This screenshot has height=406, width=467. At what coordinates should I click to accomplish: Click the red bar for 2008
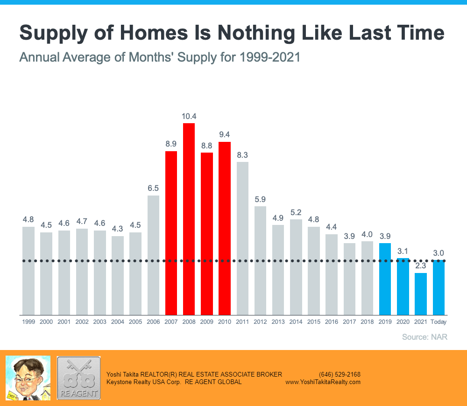tap(189, 219)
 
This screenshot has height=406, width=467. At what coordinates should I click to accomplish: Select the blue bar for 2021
tap(421, 294)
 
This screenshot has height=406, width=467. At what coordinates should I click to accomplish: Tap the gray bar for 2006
tap(153, 255)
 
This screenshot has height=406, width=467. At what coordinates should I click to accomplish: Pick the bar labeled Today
tap(439, 287)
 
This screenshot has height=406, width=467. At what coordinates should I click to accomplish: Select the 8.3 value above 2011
tap(242, 155)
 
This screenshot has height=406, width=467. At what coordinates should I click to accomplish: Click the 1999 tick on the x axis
tap(28, 322)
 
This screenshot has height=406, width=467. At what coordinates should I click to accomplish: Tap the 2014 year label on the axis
tap(296, 322)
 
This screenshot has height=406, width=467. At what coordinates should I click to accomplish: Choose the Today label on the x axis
tap(439, 322)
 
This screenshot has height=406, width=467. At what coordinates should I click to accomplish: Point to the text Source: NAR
tap(425, 337)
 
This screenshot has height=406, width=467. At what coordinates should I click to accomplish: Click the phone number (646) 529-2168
tap(340, 374)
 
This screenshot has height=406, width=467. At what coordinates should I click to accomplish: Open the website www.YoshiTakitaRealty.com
tap(323, 382)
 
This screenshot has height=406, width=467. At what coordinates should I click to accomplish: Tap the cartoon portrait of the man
tap(28, 378)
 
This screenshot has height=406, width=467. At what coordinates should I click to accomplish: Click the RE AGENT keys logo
tap(78, 378)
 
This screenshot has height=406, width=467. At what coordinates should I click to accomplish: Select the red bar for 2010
tap(225, 228)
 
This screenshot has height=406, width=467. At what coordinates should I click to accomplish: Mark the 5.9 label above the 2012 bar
tap(260, 199)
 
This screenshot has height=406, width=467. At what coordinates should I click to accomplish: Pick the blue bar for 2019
tap(385, 279)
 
